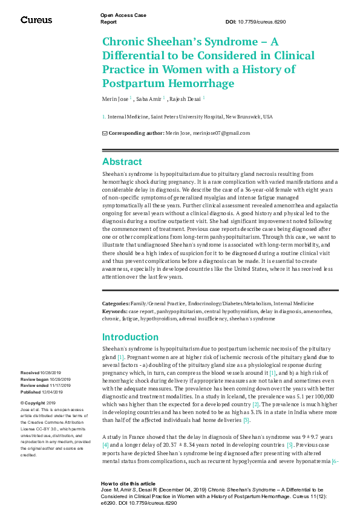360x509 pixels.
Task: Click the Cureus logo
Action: tap(36, 20)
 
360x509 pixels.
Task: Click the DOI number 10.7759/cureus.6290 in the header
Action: tap(273, 21)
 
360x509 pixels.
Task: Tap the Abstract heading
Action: tap(122, 162)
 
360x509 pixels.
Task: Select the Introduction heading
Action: tap(131, 337)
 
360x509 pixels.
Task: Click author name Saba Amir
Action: tap(149, 99)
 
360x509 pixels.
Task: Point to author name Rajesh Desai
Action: tap(185, 99)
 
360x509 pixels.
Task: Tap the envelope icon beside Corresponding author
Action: tap(105, 133)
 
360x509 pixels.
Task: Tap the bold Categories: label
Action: tap(116, 303)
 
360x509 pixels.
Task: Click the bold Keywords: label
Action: tap(114, 311)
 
